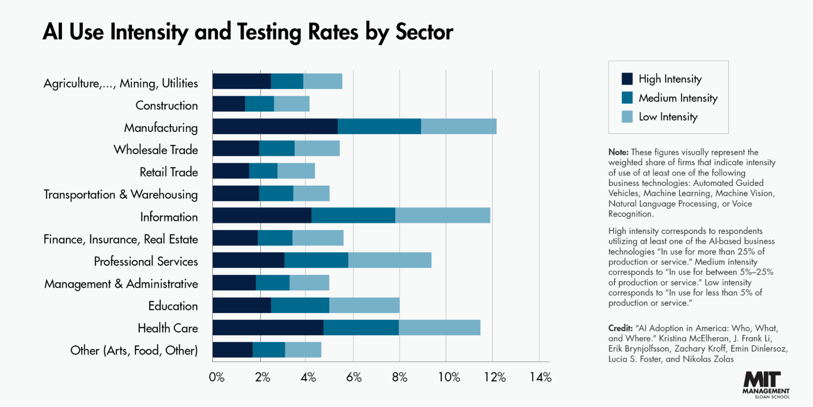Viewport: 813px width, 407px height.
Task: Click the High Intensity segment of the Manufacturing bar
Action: point(275,126)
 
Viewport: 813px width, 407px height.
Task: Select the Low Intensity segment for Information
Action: point(442,215)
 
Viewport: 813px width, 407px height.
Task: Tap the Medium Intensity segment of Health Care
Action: point(361,327)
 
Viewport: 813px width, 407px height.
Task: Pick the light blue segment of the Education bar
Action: point(364,305)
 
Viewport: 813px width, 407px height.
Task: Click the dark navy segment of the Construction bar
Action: point(229,104)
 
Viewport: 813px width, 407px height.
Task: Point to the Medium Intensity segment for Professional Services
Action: point(316,260)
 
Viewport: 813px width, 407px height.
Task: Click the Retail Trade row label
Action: point(169,172)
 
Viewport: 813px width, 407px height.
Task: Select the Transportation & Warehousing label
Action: point(121,195)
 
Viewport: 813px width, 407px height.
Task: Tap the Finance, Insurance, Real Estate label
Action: point(121,239)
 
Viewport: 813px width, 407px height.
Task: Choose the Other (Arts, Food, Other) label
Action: point(134,350)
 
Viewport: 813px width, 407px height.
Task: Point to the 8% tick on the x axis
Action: point(399,377)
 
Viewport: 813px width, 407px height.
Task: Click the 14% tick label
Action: point(540,377)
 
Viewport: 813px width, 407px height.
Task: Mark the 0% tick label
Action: point(216,377)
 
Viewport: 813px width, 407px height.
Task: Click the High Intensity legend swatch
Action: point(627,79)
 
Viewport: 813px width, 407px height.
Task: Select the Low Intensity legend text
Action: point(668,117)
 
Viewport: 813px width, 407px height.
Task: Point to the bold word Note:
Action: point(618,152)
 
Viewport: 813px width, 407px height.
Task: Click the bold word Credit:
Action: point(620,328)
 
